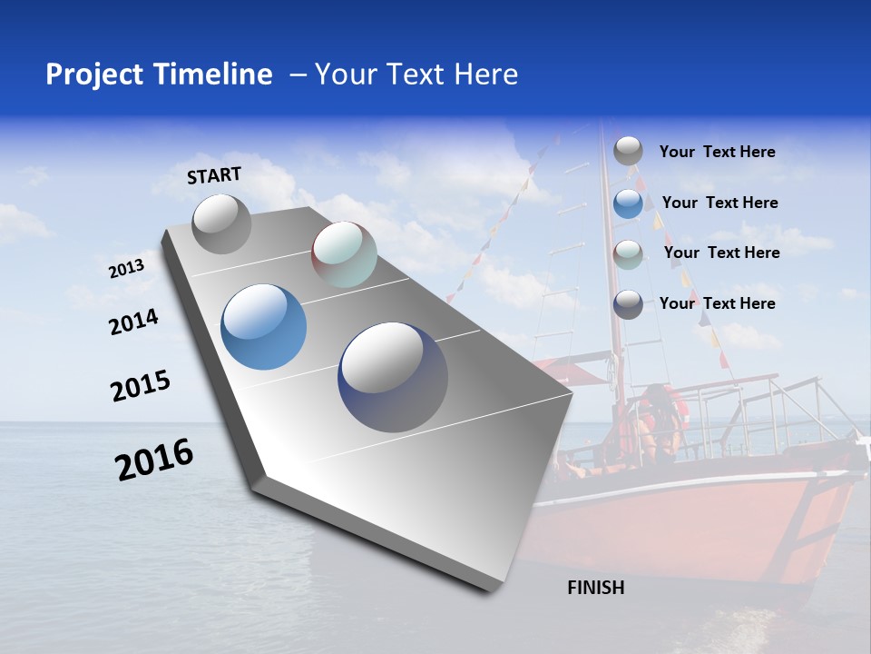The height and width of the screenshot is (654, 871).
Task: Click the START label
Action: coord(214,175)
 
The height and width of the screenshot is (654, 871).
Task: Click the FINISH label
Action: coord(595,588)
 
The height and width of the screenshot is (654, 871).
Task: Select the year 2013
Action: coord(126,269)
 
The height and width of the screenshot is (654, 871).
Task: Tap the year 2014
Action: coord(133,322)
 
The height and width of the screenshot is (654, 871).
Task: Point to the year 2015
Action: coord(140,386)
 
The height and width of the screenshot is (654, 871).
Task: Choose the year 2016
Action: coord(154,460)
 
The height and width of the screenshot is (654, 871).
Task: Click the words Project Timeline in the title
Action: coord(159,74)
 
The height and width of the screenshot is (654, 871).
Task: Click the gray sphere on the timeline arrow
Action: coord(221,223)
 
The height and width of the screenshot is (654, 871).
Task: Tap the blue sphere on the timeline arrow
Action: coord(263,327)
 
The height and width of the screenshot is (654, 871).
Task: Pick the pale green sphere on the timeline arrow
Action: coord(344,254)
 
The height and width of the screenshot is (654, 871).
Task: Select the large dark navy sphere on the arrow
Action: coord(393,377)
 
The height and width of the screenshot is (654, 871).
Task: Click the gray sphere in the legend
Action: coord(628,151)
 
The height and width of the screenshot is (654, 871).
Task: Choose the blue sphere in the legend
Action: coord(628,203)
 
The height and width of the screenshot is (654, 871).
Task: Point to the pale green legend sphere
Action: coord(628,254)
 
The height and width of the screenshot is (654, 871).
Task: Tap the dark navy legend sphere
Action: coord(628,304)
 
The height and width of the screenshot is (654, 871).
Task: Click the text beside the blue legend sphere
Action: coord(719,203)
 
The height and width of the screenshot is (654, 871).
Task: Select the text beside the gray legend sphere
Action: coord(717,152)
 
